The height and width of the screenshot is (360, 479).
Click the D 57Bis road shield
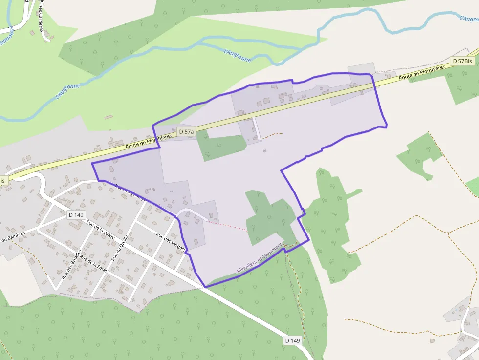coord(462,61)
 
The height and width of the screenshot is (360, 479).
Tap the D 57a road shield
coord(186,132)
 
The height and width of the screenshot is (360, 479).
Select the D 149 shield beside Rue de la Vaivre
coord(76,214)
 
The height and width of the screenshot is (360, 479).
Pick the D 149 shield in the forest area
coord(292,340)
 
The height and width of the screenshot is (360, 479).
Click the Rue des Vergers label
coord(171,241)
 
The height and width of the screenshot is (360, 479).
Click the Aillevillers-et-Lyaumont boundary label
coord(259,259)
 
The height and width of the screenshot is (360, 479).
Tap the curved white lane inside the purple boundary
coord(193,213)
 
